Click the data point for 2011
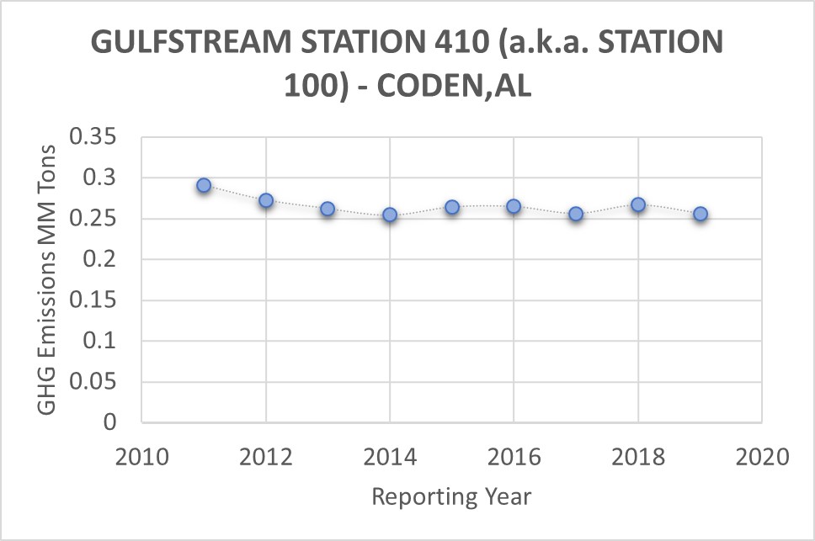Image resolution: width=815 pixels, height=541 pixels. tap(204, 185)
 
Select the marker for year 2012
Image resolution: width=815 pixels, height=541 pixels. tap(266, 200)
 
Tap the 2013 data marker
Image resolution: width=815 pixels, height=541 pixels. tap(328, 209)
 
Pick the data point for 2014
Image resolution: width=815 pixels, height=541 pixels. tap(390, 215)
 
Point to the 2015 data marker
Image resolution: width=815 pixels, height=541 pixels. tap(452, 207)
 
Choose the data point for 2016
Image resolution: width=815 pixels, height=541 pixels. tap(514, 206)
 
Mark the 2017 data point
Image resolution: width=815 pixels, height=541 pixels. tap(576, 214)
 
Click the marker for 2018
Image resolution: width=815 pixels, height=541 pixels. tap(638, 204)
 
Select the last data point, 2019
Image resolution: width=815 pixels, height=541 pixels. tap(700, 214)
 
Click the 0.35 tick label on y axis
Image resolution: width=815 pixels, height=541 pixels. tap(97, 137)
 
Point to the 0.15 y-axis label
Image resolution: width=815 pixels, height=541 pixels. tap(97, 300)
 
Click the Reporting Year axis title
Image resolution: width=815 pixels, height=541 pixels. tap(451, 496)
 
